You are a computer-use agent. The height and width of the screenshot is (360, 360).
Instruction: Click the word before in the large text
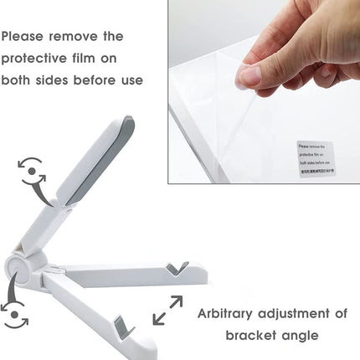tap(115, 80)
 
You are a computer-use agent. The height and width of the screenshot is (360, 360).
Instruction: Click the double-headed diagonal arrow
tap(167, 310)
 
